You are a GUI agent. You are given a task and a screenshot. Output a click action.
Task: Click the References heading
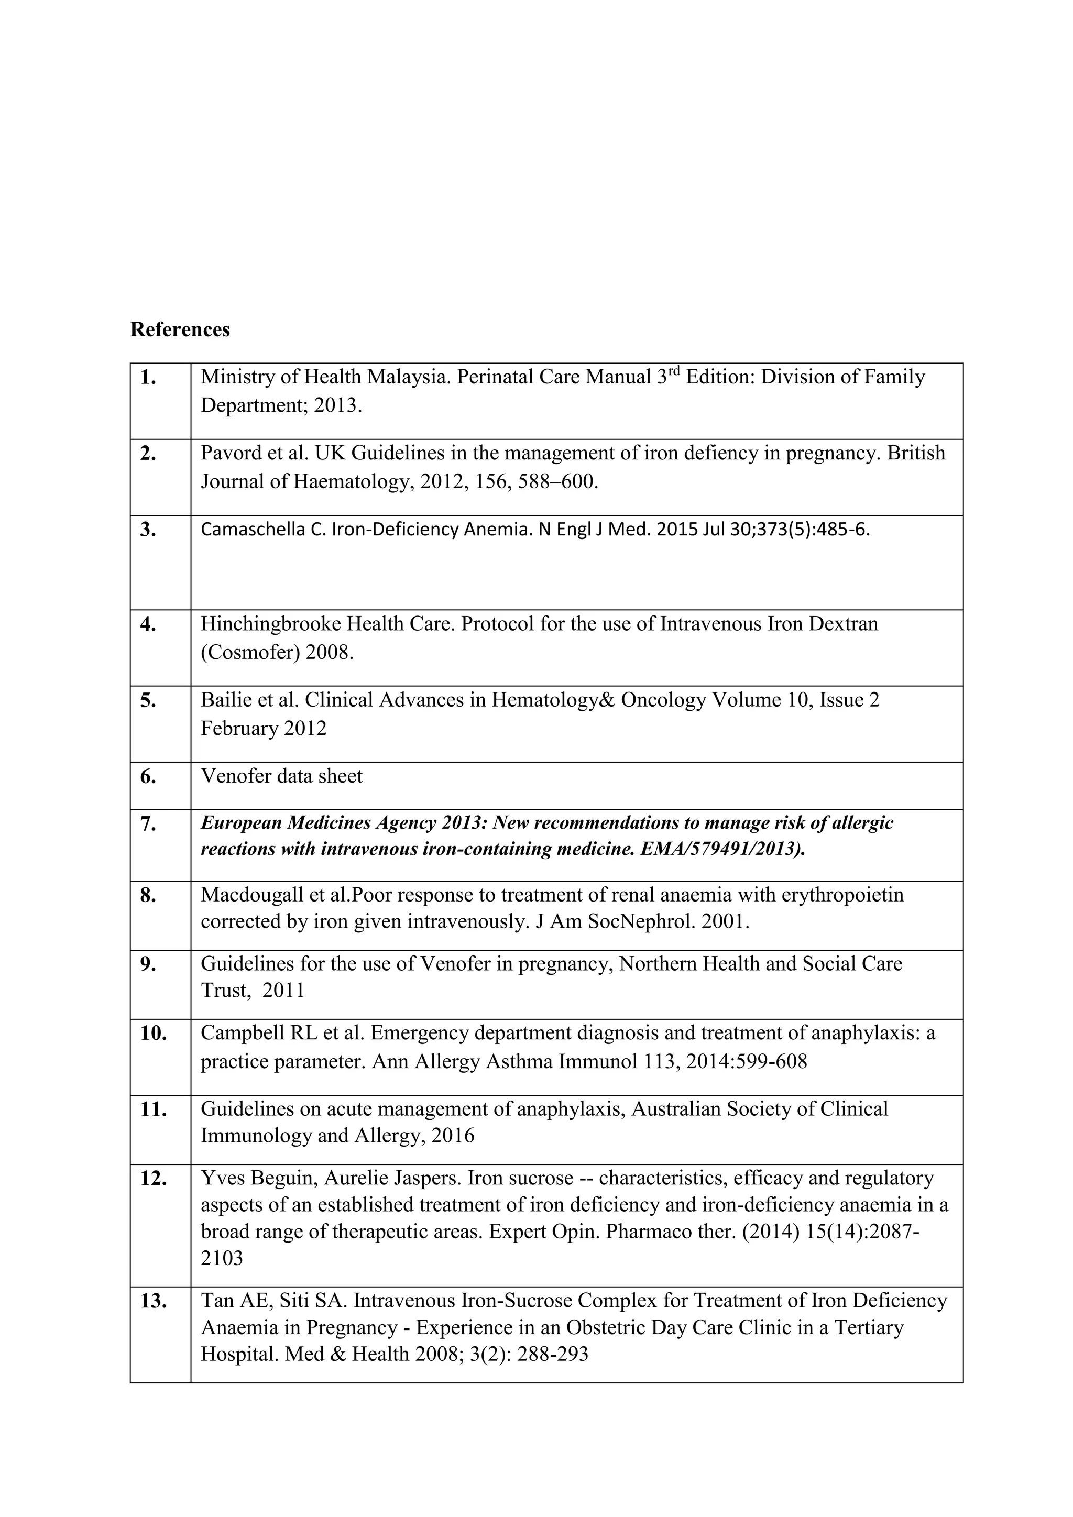click(x=180, y=329)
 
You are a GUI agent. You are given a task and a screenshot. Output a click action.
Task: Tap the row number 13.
click(x=154, y=1301)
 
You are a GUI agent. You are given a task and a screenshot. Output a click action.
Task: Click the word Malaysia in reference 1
click(x=409, y=377)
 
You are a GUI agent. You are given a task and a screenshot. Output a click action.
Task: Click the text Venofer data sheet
click(x=281, y=776)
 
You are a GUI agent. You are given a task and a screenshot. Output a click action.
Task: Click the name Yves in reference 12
click(x=223, y=1178)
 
